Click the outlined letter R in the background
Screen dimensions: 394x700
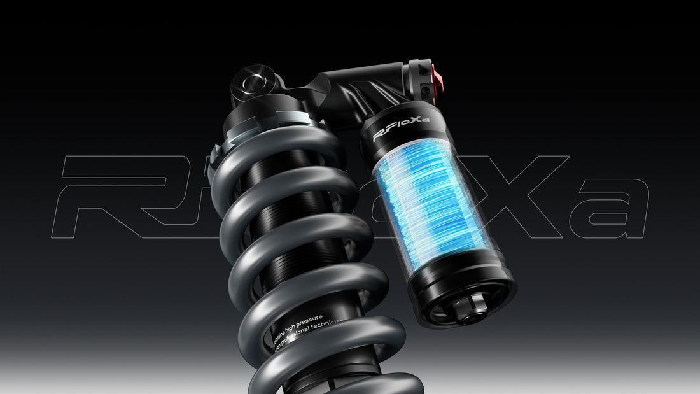[115, 191]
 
